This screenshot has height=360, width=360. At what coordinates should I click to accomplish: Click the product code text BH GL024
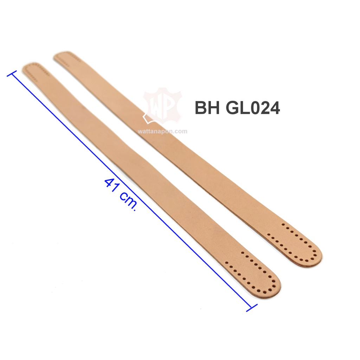(x=237, y=108)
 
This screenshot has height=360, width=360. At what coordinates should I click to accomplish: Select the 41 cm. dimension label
(x=121, y=194)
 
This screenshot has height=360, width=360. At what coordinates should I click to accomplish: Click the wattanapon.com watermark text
(x=162, y=131)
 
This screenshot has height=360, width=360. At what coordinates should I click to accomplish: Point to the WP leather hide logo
(x=162, y=106)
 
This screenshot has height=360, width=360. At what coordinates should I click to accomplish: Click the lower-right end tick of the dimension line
(x=252, y=308)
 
